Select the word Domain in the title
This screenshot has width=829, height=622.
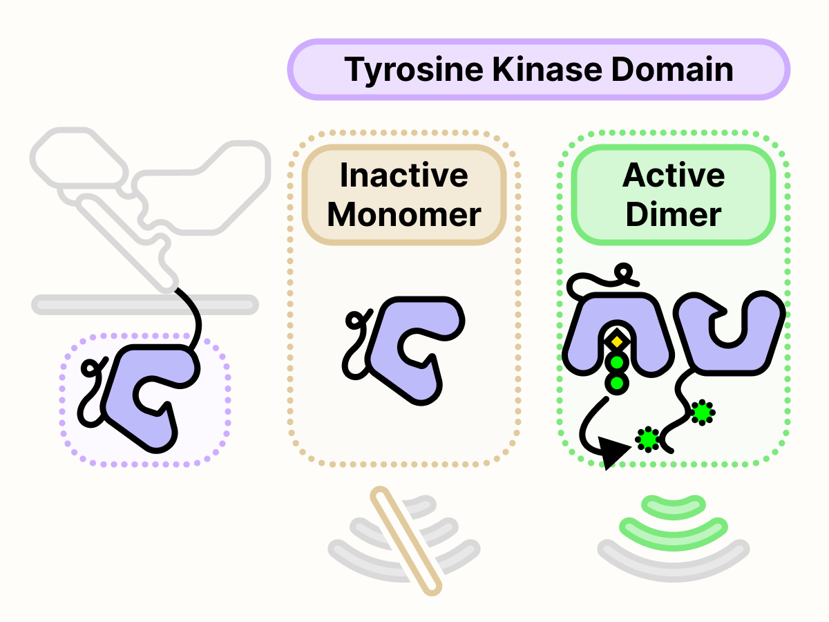tap(674, 70)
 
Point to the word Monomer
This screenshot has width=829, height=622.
tap(404, 215)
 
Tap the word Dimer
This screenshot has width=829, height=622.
tap(674, 215)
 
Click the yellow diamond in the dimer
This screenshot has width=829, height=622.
tap(617, 341)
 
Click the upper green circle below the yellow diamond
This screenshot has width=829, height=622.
tap(617, 363)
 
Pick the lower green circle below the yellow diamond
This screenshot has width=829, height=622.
tap(617, 382)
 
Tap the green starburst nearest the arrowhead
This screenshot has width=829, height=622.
tap(648, 438)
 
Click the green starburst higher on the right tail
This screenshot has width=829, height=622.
tap(703, 413)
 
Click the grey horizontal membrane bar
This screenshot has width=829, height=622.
tap(145, 304)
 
